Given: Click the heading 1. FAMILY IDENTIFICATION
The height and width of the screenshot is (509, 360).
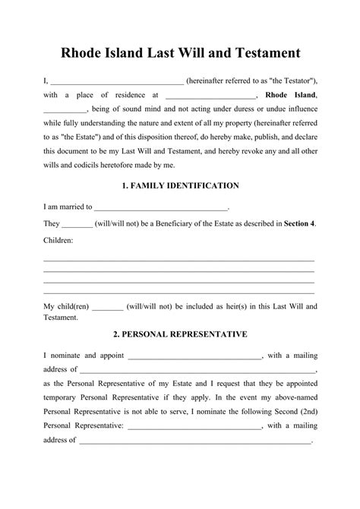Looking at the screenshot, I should (180, 185).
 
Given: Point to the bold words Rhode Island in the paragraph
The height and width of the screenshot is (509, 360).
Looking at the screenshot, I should (292, 96).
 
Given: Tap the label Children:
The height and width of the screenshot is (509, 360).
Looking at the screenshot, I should (58, 240).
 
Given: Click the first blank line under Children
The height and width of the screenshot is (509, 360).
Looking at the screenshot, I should (179, 260).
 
